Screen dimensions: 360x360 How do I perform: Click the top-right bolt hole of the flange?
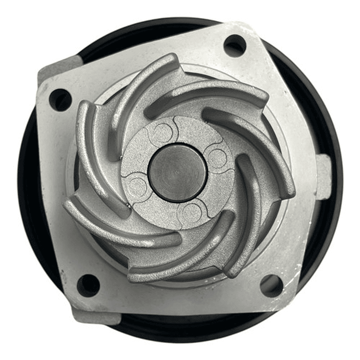pyautogui.click(x=234, y=46)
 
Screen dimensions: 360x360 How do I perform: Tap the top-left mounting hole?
pyautogui.click(x=61, y=100)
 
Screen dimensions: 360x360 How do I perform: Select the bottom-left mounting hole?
pyautogui.click(x=89, y=285)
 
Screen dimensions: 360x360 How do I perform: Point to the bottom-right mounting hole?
pyautogui.click(x=271, y=285)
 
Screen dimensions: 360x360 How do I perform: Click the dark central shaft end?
pyautogui.click(x=178, y=172)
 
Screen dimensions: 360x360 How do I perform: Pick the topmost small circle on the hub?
pyautogui.click(x=162, y=133)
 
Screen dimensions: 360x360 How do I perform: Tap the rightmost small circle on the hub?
pyautogui.click(x=217, y=158)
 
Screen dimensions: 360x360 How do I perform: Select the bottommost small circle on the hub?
pyautogui.click(x=192, y=212)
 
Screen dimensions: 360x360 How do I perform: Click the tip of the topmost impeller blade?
pyautogui.click(x=170, y=59)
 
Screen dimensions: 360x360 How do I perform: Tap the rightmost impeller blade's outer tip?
pyautogui.click(x=289, y=189)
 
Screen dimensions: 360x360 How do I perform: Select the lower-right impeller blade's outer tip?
pyautogui.click(x=231, y=272)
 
